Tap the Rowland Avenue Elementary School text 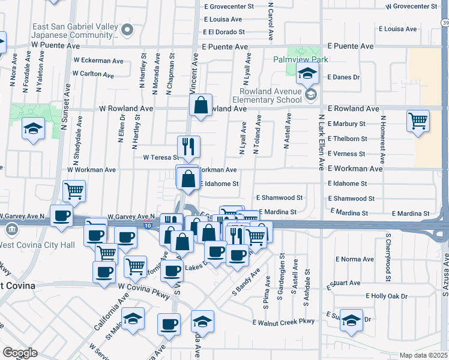pyautogui.click(x=266, y=96)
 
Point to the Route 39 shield pyautogui.click(x=445, y=22)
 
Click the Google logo pyautogui.click(x=19, y=353)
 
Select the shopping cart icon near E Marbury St pyautogui.click(x=418, y=120)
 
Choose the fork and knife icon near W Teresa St pyautogui.click(x=188, y=145)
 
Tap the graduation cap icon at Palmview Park pyautogui.click(x=308, y=74)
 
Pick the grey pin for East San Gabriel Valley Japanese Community pyautogui.click(x=127, y=29)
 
